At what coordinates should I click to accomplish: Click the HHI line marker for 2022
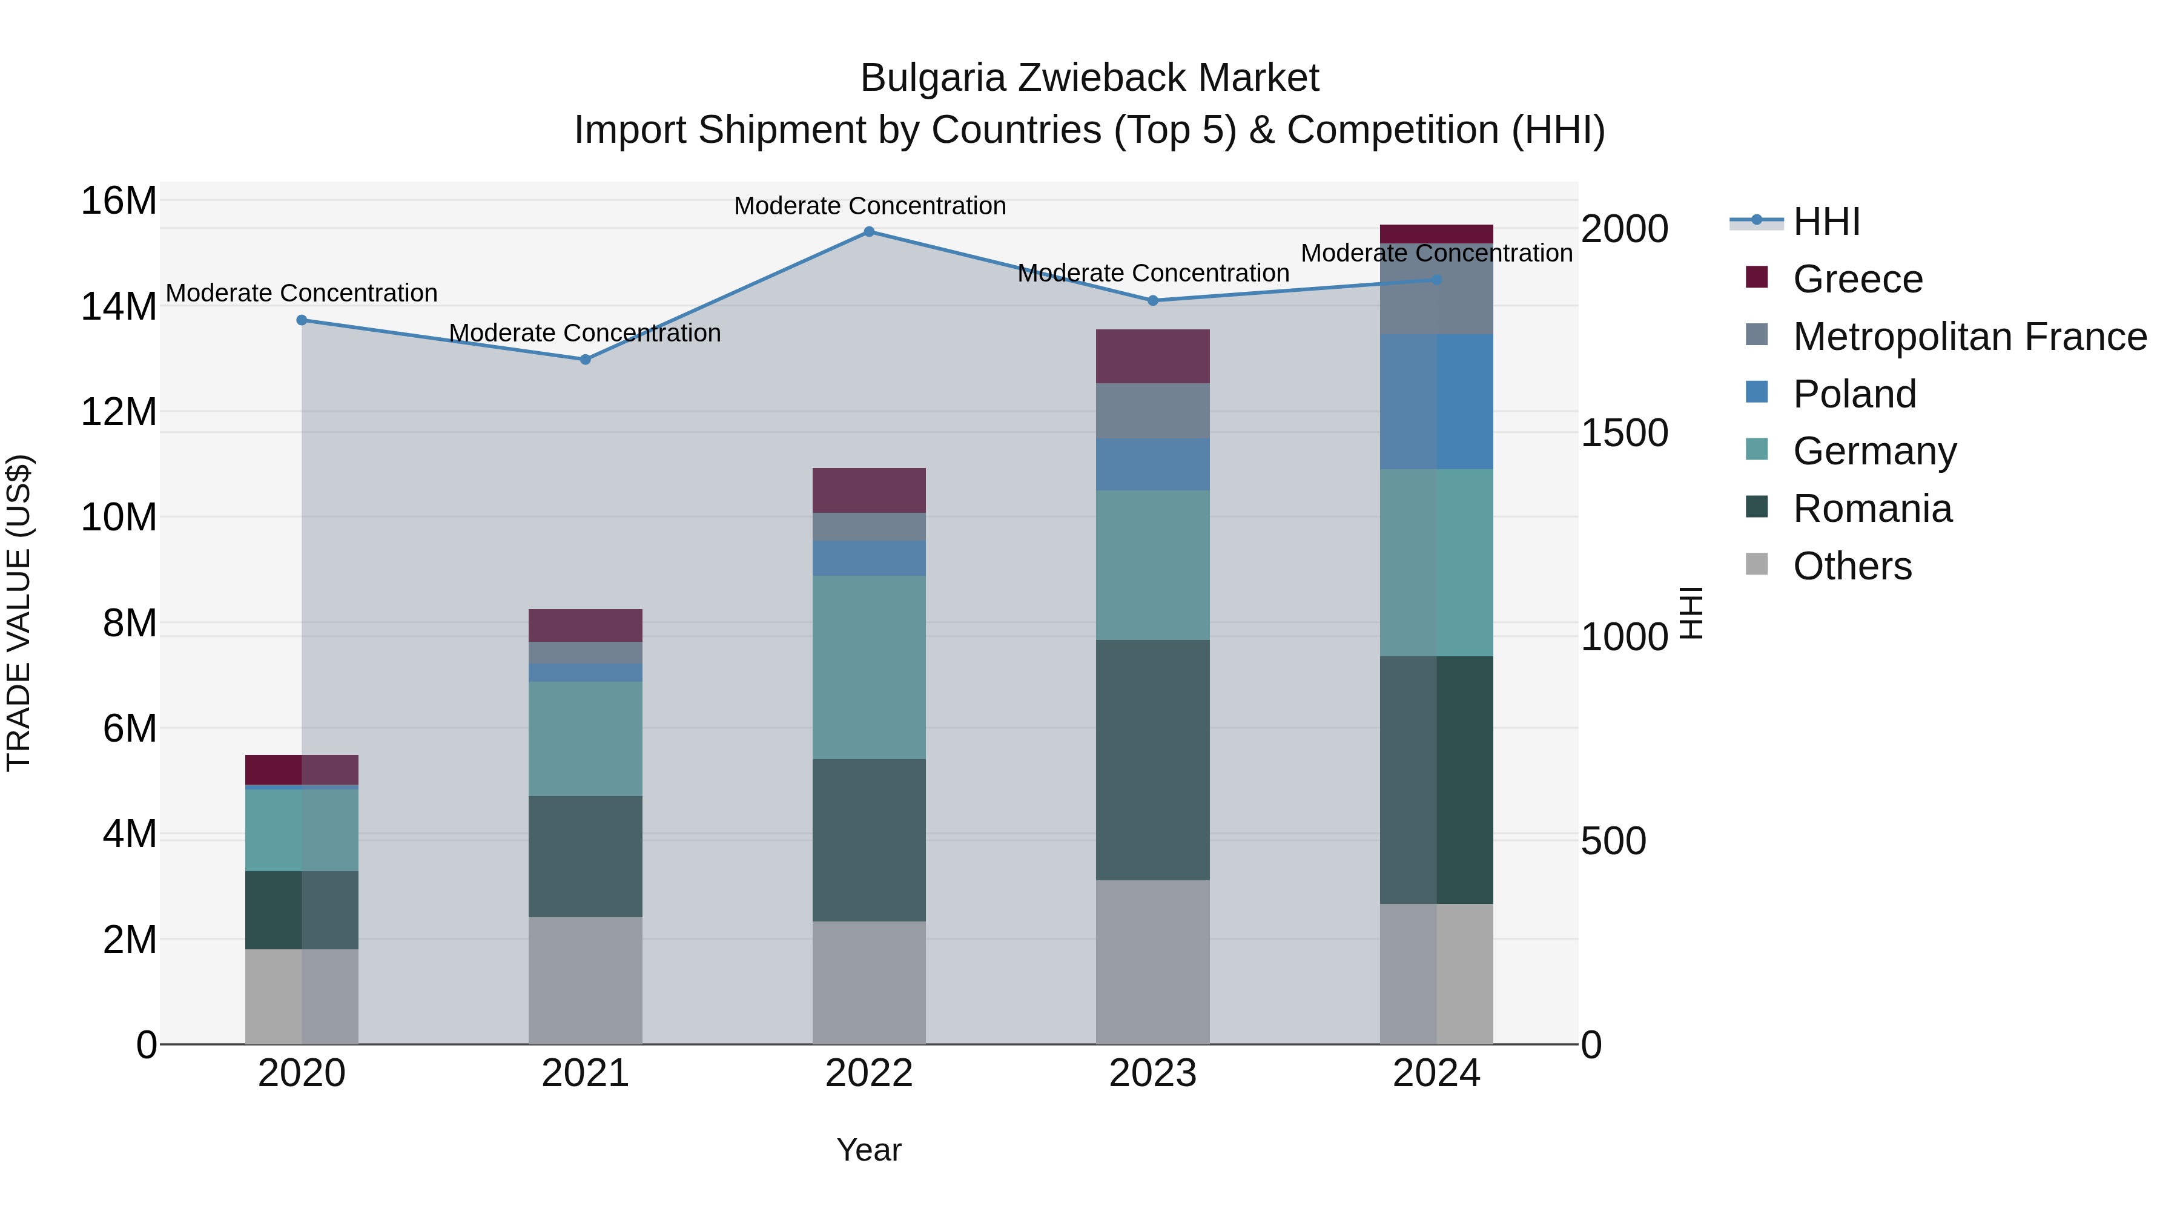(x=869, y=232)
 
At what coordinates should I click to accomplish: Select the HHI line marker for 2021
(x=585, y=360)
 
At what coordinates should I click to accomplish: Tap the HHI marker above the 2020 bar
(x=302, y=320)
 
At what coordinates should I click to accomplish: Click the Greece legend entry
(x=1858, y=279)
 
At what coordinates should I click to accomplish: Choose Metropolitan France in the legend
(x=1969, y=337)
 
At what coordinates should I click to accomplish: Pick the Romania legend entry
(x=1872, y=509)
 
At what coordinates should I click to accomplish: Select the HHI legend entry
(x=1826, y=222)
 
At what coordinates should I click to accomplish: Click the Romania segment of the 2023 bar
(x=1152, y=760)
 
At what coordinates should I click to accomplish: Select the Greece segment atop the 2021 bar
(x=585, y=625)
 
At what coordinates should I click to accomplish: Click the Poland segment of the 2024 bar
(x=1436, y=402)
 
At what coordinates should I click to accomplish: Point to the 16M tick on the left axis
(x=119, y=202)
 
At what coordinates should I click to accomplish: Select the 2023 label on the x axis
(x=1152, y=1073)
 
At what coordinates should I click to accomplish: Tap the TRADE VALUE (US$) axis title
(x=19, y=613)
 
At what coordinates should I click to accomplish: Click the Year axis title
(x=869, y=1150)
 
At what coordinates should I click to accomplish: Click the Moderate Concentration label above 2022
(x=869, y=206)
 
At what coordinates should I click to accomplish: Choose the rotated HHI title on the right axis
(x=1690, y=613)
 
